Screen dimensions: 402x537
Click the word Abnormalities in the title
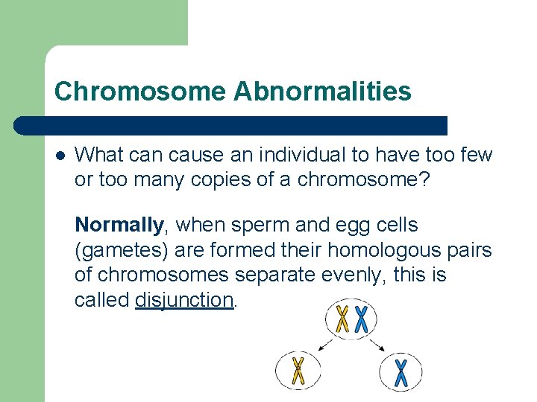click(322, 92)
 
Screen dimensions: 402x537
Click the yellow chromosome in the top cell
click(342, 319)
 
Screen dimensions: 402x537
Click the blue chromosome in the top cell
click(361, 319)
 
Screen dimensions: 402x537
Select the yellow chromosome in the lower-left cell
click(298, 371)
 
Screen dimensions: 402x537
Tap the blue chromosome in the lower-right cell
click(401, 372)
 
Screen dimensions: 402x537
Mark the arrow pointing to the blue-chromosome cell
click(377, 345)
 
